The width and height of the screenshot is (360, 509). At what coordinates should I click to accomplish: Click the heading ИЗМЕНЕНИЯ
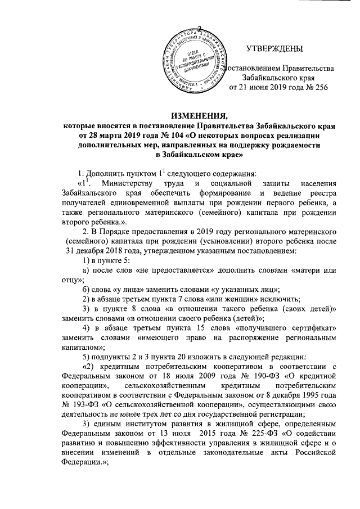click(x=179, y=116)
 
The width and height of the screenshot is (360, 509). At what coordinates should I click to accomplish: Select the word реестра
click(x=323, y=194)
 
